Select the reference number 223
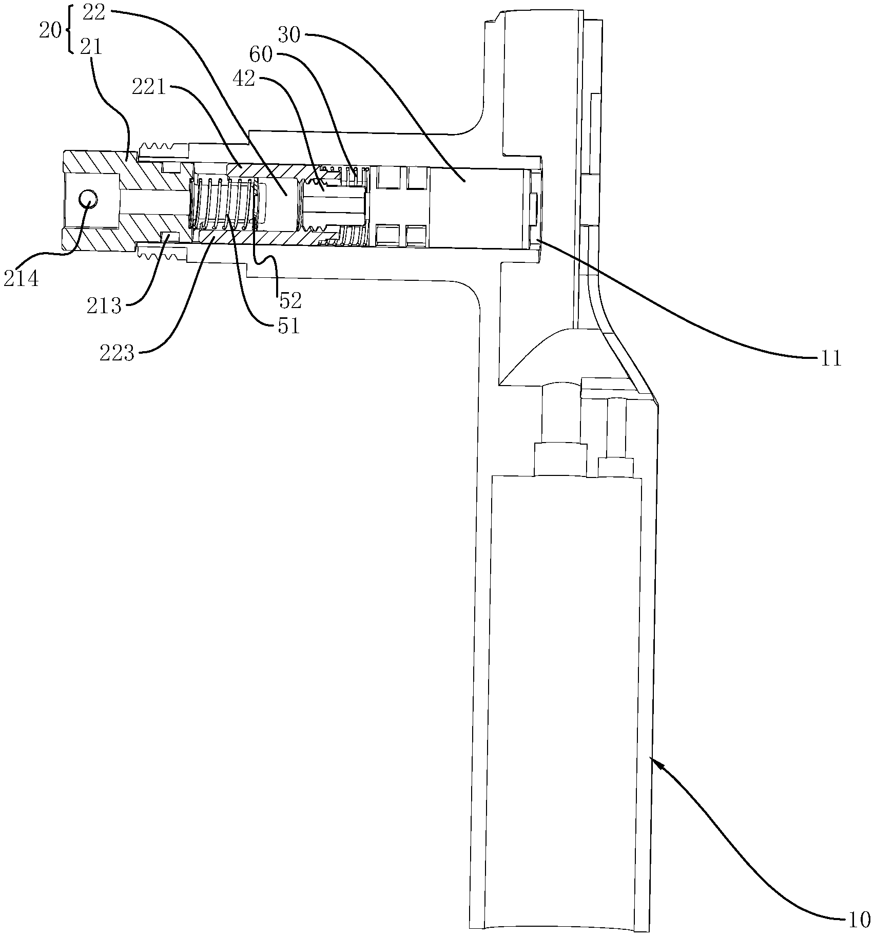118,354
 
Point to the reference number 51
288,327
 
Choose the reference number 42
244,80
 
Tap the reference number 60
261,53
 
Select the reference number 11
831,359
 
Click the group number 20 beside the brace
51,31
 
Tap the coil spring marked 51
223,202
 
